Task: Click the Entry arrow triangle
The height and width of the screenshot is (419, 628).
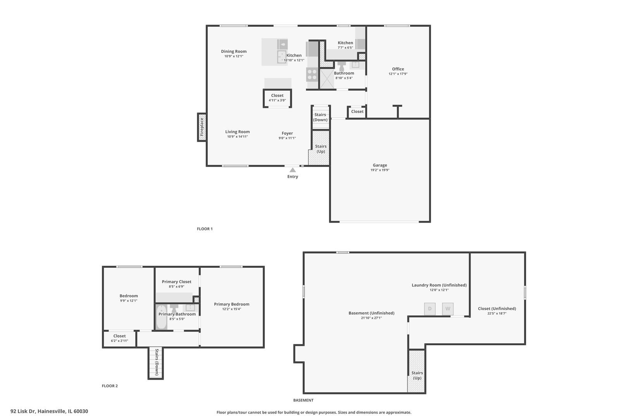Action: [293, 170]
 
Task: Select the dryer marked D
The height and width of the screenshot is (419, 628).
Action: [430, 309]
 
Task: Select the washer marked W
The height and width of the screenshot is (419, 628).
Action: [448, 309]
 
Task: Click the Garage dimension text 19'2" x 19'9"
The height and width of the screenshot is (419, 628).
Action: [380, 170]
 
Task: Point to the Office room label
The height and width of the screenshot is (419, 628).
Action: [398, 69]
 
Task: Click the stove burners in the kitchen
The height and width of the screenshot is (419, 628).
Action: [312, 74]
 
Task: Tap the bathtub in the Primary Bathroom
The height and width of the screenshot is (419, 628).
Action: [161, 318]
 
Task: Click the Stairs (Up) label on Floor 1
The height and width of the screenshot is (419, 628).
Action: [321, 149]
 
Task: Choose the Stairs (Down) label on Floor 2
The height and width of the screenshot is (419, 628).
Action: [157, 362]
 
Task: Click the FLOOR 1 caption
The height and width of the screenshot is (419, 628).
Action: [205, 229]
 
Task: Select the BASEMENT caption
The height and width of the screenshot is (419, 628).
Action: [303, 400]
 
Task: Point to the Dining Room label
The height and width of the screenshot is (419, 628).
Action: [234, 51]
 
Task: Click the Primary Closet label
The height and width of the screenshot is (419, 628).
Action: [176, 282]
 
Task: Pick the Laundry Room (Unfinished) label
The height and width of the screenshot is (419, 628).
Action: [439, 285]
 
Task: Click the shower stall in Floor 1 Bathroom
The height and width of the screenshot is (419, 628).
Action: [326, 79]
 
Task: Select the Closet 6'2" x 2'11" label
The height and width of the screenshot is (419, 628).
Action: [119, 338]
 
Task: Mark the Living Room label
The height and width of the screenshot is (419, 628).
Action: [238, 132]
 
